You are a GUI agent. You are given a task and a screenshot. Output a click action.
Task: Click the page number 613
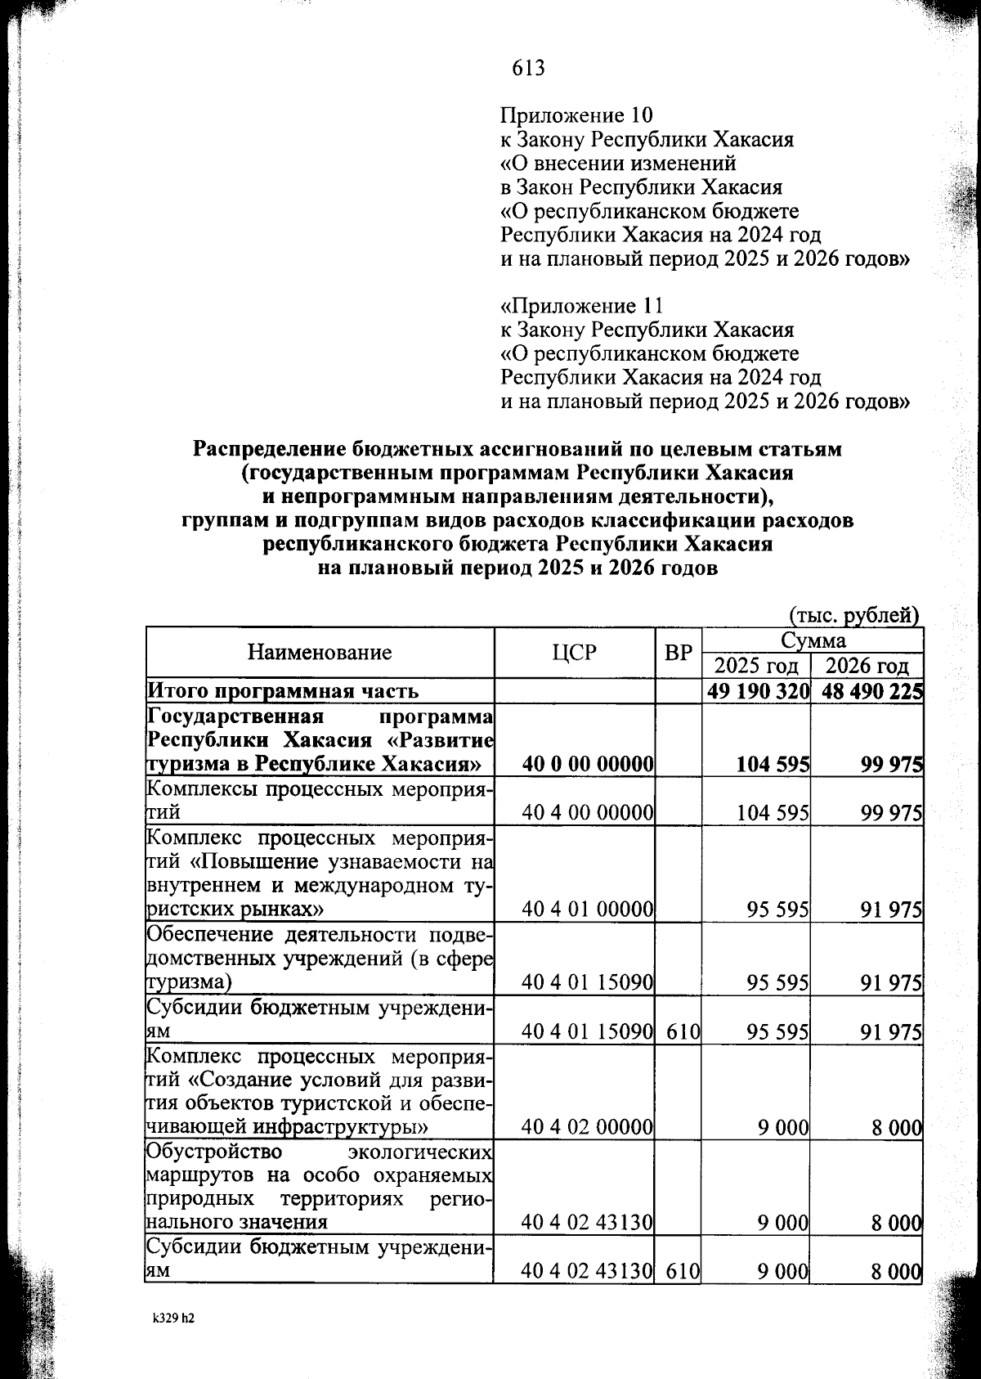tap(528, 68)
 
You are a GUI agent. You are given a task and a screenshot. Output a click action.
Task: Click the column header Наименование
tap(320, 652)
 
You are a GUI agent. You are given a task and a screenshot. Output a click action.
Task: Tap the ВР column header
tap(678, 652)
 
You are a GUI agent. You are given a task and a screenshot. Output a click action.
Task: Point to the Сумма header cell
tap(813, 639)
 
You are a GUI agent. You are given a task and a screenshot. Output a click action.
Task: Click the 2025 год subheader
tap(756, 665)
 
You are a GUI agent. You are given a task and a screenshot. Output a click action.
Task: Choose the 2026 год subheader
tap(867, 665)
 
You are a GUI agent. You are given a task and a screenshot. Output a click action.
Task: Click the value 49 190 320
tap(758, 690)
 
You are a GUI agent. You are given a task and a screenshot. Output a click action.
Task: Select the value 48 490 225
tap(872, 690)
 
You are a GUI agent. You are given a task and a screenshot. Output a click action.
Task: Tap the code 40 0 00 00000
tap(587, 764)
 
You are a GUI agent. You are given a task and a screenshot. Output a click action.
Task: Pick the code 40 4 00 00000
tap(587, 812)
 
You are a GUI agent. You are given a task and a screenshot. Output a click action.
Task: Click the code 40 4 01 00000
tap(587, 909)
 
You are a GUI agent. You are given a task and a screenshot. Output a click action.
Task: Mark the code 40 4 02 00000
tap(587, 1128)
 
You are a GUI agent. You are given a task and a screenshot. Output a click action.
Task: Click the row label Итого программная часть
tap(283, 691)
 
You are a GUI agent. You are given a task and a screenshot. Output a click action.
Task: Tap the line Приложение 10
tap(576, 115)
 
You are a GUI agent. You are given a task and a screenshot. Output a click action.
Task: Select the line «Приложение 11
tap(580, 306)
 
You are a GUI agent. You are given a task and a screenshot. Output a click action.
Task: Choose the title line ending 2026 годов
tap(517, 568)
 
